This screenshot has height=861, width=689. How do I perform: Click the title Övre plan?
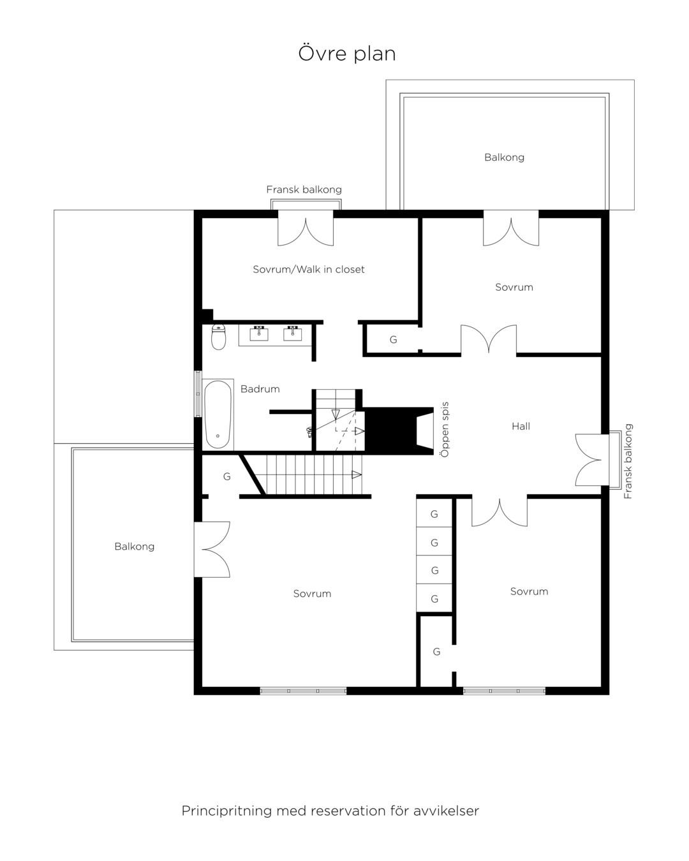346,54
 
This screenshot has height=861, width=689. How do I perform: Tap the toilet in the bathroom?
218,337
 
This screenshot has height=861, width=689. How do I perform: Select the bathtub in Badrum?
218,415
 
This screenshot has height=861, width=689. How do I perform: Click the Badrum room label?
260,389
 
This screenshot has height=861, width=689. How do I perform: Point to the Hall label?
521,427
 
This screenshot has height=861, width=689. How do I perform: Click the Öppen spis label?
445,429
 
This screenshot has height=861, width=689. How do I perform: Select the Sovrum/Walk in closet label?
309,270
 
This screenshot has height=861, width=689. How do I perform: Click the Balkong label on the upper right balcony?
504,158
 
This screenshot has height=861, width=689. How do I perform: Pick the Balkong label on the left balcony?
134,547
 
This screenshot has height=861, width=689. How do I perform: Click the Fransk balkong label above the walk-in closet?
304,189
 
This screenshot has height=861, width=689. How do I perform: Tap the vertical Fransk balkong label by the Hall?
628,461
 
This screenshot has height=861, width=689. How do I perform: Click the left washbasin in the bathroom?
258,334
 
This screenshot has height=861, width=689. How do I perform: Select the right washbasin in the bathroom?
293,334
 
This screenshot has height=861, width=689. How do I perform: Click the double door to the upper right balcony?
511,232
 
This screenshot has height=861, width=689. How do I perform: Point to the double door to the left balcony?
212,549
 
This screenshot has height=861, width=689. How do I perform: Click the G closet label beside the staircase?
226,476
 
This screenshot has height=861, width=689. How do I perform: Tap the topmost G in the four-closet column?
434,515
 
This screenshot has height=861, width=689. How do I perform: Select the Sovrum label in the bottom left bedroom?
312,594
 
